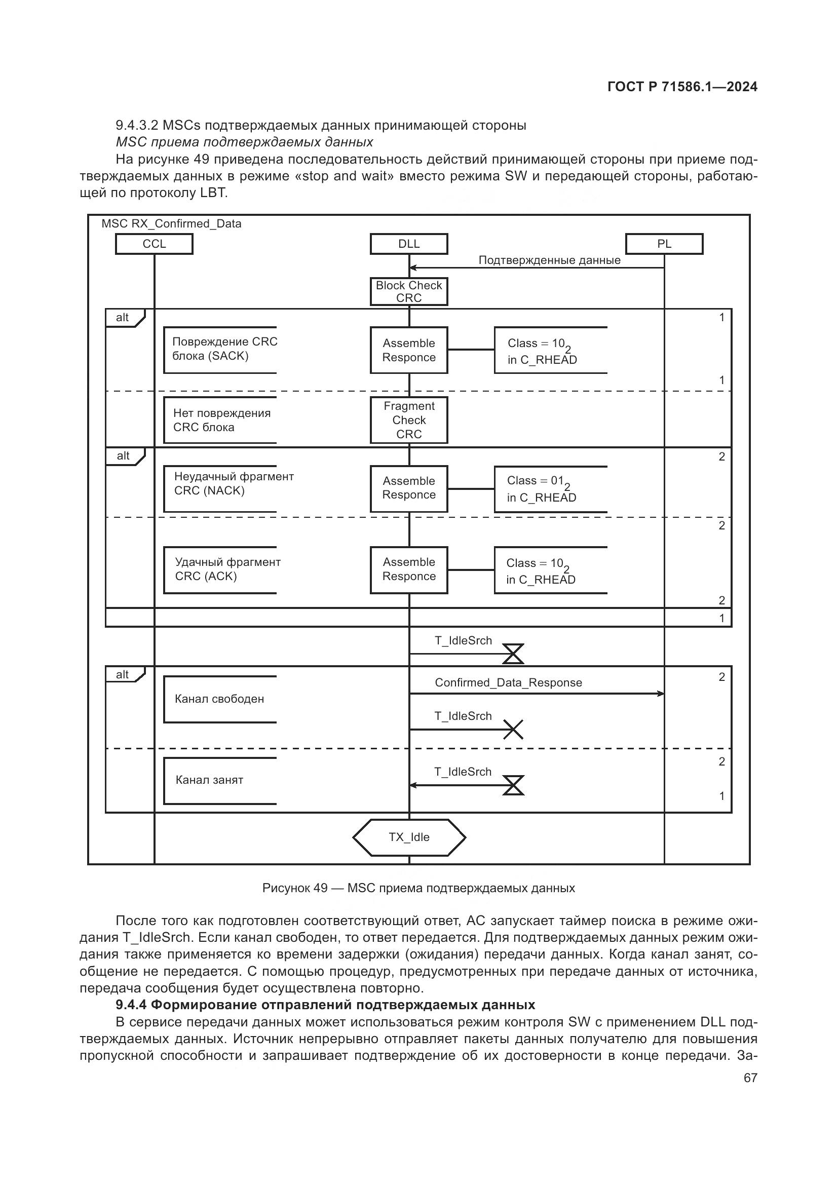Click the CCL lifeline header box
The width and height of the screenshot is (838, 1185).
[154, 244]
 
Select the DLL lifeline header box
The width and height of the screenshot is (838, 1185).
[409, 244]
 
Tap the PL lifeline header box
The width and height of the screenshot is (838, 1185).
[664, 244]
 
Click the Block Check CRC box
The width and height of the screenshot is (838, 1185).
[409, 292]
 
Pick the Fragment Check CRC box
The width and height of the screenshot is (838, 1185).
[409, 420]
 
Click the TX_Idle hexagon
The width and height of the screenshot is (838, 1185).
[409, 836]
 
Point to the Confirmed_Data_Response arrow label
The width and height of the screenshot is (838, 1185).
[508, 682]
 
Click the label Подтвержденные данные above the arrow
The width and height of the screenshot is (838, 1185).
[549, 260]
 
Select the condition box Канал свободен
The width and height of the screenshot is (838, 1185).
[220, 699]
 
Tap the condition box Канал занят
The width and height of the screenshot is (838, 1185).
[220, 780]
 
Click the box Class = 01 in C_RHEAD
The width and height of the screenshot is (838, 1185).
[550, 489]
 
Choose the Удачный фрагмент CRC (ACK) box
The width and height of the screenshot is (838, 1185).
[220, 570]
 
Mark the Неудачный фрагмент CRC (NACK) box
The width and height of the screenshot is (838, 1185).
[220, 489]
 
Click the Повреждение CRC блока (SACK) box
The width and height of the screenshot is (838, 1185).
[220, 350]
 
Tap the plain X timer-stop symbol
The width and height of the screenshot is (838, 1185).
[513, 729]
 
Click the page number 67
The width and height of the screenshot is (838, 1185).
[750, 1078]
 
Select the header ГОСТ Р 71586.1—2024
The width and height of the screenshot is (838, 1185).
[682, 87]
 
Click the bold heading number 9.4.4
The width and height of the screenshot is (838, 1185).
[131, 1005]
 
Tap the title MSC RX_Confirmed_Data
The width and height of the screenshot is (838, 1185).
[171, 224]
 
